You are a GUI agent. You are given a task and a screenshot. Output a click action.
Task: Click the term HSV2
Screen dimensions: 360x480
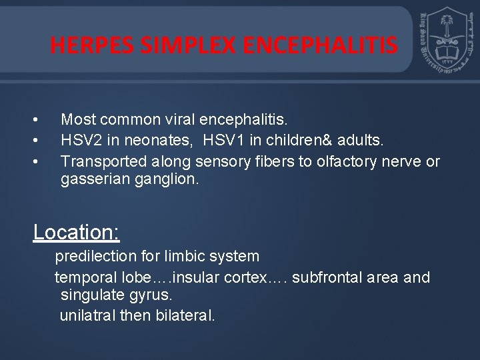79,141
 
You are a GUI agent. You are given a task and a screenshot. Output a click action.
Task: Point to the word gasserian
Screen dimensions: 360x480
91,181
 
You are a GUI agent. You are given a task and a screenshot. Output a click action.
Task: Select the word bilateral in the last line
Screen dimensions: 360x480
183,315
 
